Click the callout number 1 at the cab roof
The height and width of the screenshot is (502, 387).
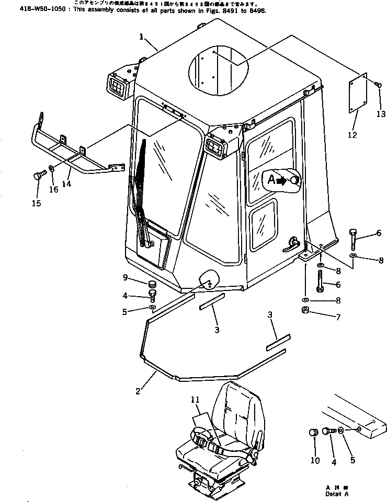tap(141, 37)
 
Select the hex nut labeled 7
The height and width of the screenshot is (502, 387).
tap(306, 311)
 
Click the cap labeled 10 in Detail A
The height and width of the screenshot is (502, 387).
tap(314, 434)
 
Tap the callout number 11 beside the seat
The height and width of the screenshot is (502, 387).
tap(195, 400)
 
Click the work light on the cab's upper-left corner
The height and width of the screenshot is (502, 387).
tap(118, 85)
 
